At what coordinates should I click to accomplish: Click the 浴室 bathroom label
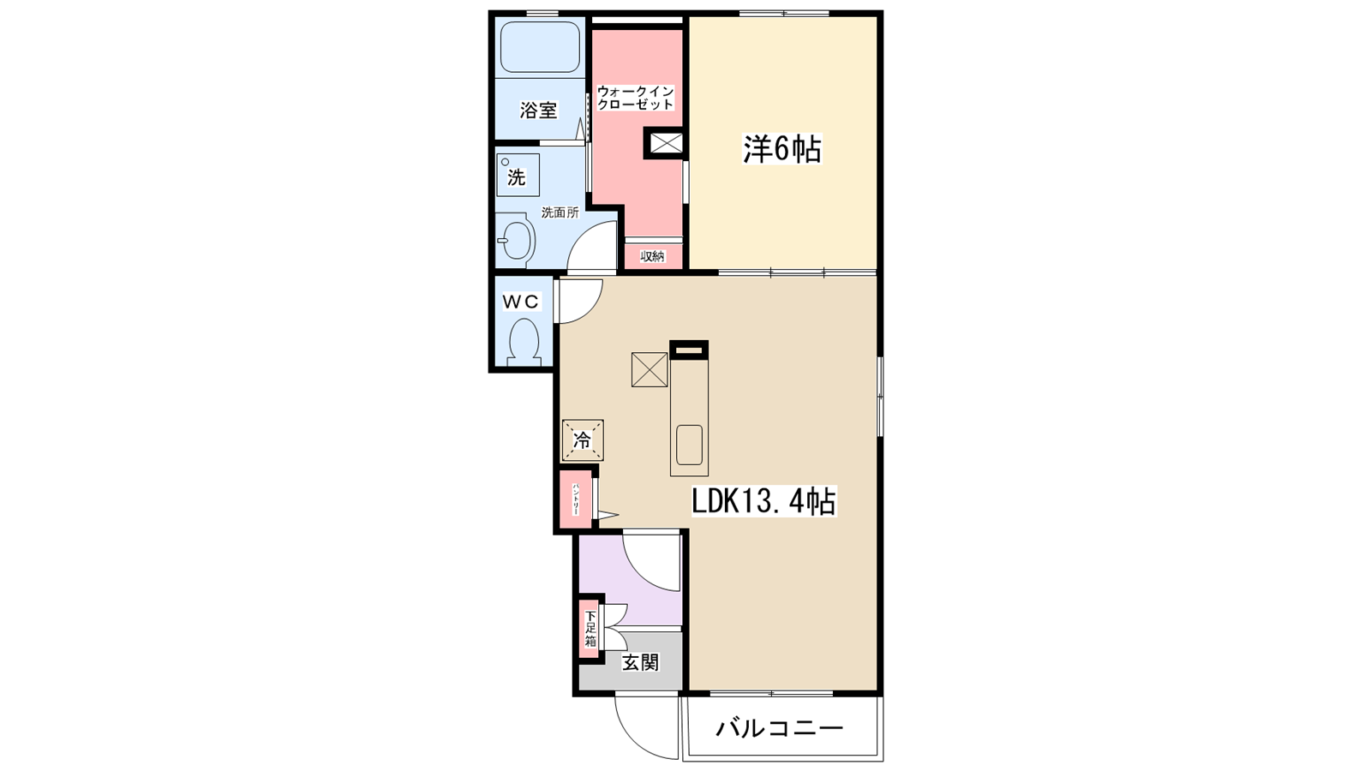(x=538, y=111)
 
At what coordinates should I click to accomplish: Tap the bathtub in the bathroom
(x=540, y=47)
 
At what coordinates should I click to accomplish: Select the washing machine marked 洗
(x=518, y=176)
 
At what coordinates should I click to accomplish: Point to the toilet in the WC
(x=523, y=340)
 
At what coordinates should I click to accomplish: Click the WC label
(x=520, y=302)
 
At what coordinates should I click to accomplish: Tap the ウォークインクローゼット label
(x=635, y=97)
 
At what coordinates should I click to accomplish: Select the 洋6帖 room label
(x=781, y=150)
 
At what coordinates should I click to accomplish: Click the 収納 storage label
(x=653, y=256)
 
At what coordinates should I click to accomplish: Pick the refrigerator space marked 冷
(x=583, y=441)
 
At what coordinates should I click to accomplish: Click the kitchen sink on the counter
(x=689, y=445)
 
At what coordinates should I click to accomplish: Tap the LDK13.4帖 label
(x=763, y=502)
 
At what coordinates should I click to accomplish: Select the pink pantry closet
(x=575, y=499)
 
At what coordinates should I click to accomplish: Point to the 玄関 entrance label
(x=640, y=662)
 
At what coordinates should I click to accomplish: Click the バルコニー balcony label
(x=780, y=729)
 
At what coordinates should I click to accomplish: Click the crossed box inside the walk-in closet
(x=666, y=143)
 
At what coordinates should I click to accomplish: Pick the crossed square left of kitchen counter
(x=650, y=369)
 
